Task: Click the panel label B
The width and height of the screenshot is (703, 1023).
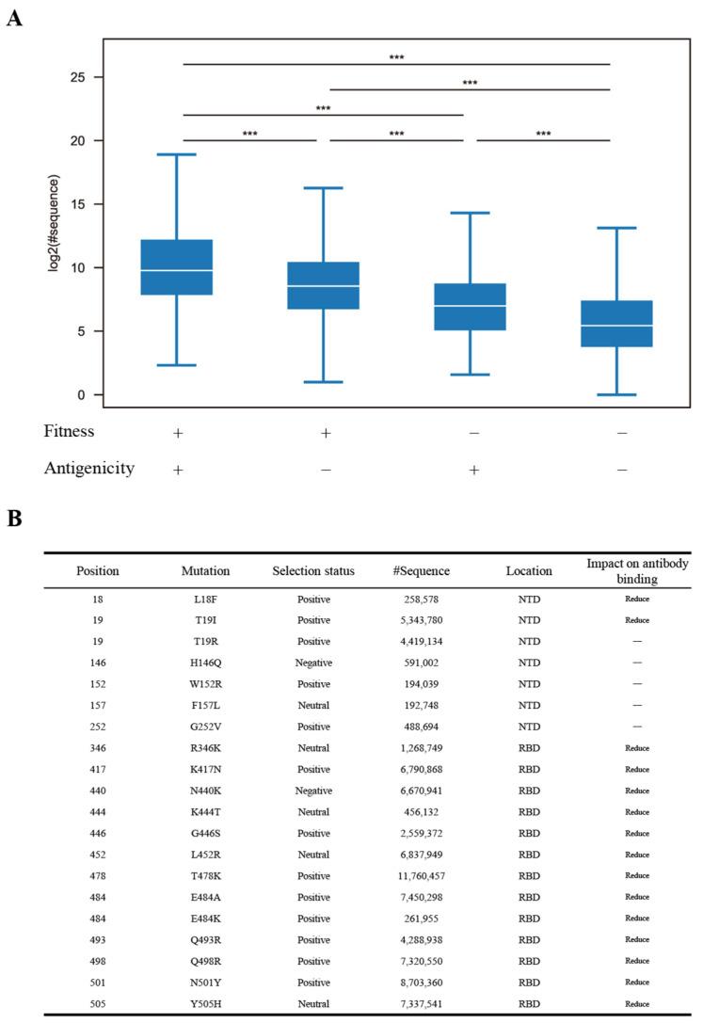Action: point(14,519)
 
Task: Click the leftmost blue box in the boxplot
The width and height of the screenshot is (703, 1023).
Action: point(177,267)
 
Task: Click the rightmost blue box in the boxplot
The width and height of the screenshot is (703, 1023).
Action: point(616,324)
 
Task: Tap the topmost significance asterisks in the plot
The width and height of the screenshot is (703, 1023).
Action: point(396,58)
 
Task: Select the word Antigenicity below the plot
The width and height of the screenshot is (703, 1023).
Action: point(88,469)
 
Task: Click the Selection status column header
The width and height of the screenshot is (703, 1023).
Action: point(311,571)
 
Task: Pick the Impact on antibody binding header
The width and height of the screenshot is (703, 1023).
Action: point(638,570)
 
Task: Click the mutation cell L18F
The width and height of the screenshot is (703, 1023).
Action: point(205,599)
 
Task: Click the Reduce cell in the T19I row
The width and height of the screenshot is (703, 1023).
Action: point(638,619)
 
